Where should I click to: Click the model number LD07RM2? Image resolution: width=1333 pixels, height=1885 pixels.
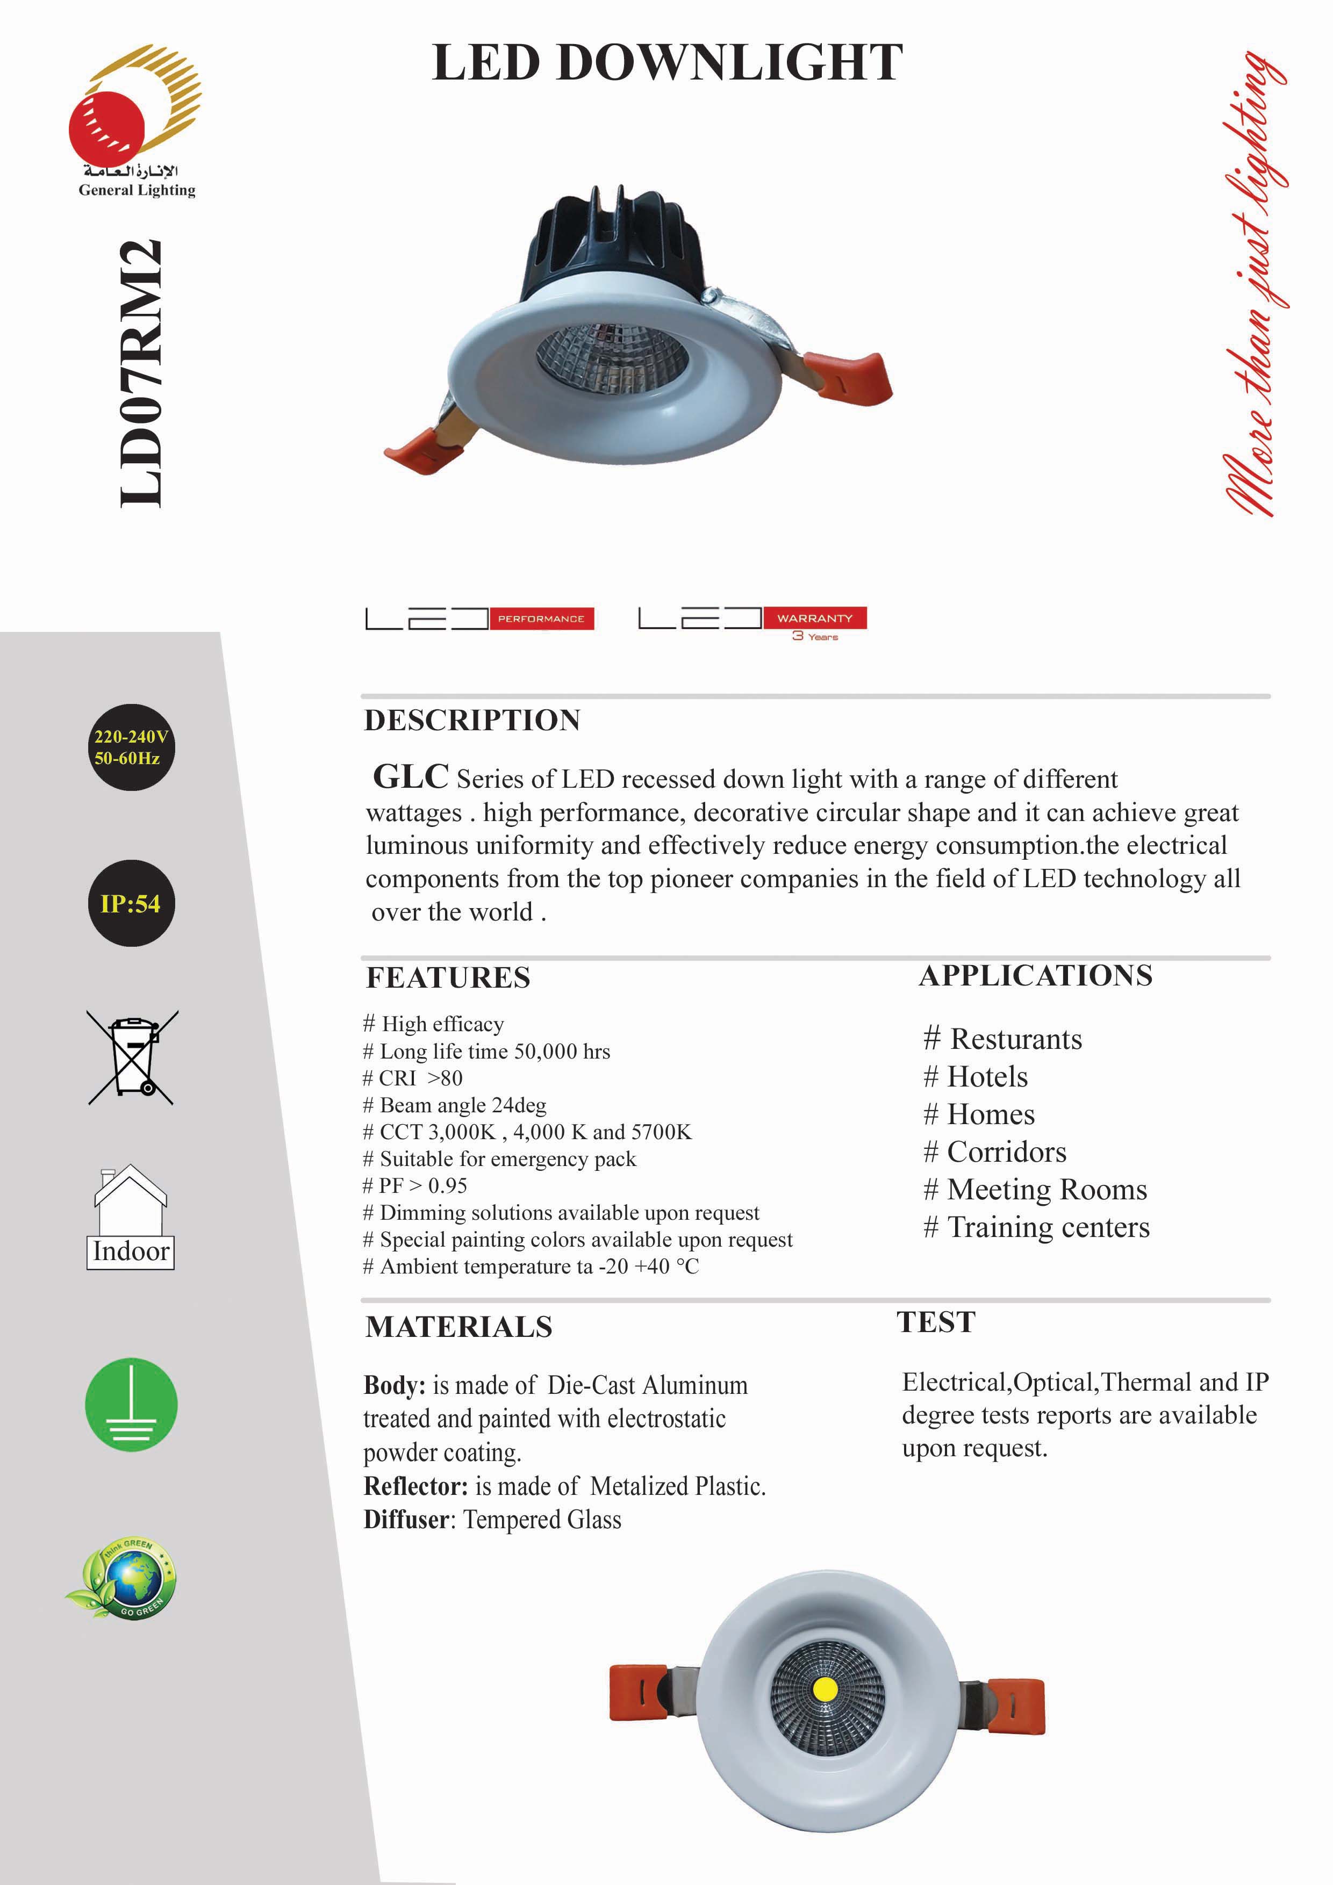(x=140, y=373)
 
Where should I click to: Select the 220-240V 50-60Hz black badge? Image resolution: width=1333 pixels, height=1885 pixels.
(x=131, y=747)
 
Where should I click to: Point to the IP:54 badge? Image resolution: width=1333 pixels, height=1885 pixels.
(x=131, y=904)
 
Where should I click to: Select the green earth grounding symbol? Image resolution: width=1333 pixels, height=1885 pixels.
(x=131, y=1405)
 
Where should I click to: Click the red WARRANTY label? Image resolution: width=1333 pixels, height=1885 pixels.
(x=815, y=618)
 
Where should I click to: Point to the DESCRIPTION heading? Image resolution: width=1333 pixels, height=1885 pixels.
(x=472, y=721)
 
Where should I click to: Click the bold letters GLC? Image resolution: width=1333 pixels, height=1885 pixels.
(x=411, y=776)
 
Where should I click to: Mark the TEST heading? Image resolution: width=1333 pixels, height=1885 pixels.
(x=935, y=1322)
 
